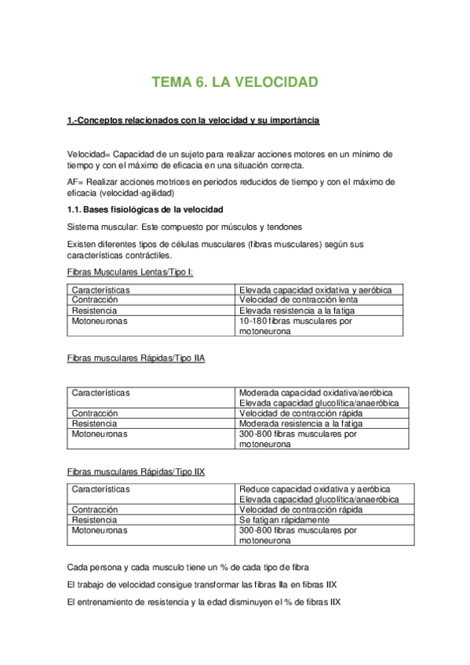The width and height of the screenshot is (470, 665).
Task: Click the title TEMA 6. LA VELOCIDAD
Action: (234, 82)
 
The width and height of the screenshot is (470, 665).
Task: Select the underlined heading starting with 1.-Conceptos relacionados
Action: (193, 121)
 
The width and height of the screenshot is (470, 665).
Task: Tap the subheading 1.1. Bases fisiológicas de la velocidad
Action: (145, 209)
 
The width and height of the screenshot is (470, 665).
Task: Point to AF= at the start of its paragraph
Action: (75, 181)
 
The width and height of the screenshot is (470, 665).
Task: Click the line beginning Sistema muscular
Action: (184, 227)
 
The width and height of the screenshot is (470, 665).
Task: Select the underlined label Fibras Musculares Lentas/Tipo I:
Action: (130, 272)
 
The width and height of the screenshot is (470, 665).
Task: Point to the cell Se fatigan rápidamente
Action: (284, 520)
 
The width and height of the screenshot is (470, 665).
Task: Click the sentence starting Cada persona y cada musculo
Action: (188, 567)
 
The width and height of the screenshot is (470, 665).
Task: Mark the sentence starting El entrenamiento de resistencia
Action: (204, 602)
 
